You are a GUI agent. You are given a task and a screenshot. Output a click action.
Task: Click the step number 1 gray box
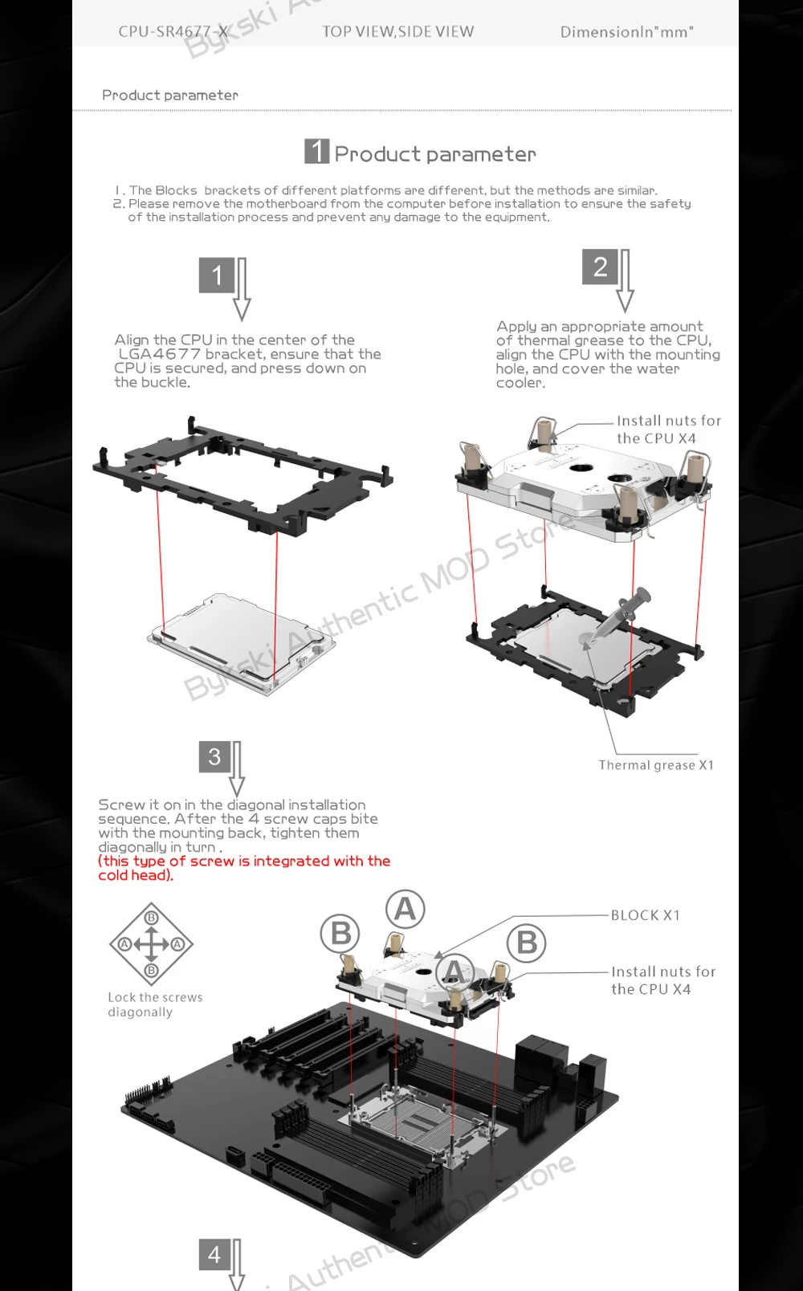pos(217,275)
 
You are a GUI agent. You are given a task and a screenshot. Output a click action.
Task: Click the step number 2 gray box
pos(600,267)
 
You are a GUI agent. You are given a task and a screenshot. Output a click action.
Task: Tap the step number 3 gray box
pos(214,757)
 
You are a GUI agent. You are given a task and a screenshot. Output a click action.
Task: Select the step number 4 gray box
pos(214,1254)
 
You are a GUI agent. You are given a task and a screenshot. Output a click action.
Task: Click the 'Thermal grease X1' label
pos(656,765)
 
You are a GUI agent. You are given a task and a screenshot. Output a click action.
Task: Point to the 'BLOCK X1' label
pos(645,914)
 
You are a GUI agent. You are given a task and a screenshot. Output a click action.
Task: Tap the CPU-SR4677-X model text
pos(173,31)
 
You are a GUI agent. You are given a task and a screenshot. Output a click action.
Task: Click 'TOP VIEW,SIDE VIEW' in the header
pos(397,31)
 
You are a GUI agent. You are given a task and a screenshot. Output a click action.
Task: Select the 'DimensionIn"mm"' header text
pos(626,31)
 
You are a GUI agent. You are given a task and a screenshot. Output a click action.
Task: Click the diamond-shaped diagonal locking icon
pos(151,944)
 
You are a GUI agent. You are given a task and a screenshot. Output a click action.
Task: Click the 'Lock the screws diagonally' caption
pos(155,1004)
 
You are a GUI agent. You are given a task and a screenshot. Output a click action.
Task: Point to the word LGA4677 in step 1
pos(160,354)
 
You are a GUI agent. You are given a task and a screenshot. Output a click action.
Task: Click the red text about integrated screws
pos(244,868)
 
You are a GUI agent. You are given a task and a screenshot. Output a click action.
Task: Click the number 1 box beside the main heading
pos(316,151)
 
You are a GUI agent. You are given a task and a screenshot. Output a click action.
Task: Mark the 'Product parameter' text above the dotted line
pos(169,95)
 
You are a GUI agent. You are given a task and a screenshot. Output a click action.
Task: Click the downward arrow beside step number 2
pos(625,281)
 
